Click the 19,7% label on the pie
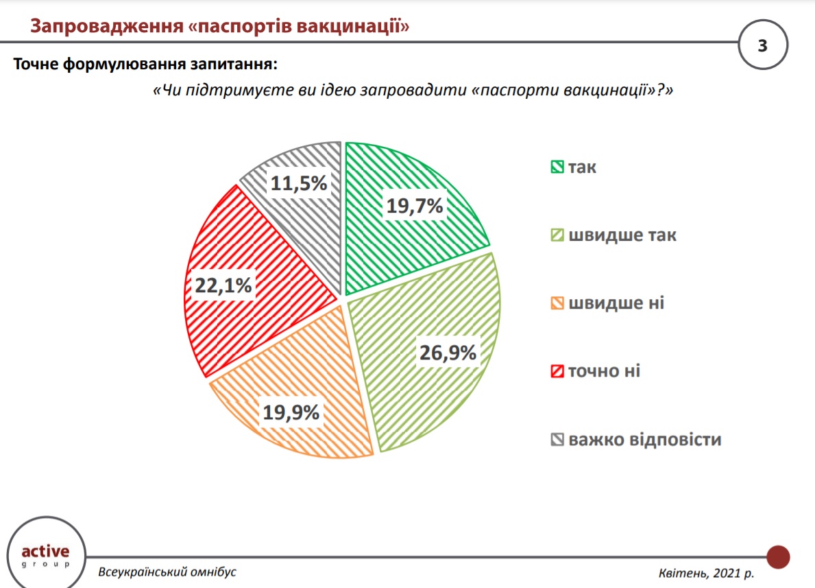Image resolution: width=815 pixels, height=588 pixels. (415, 205)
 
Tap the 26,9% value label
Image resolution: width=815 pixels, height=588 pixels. (447, 353)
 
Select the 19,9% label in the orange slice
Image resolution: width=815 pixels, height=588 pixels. (291, 412)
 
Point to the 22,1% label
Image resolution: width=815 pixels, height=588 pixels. (223, 285)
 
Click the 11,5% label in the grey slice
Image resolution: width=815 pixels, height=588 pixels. (298, 183)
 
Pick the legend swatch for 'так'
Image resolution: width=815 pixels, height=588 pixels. (557, 167)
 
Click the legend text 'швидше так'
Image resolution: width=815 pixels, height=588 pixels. (622, 235)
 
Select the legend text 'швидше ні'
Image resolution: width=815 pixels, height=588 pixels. (616, 303)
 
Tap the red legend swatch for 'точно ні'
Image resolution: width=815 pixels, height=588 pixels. (557, 371)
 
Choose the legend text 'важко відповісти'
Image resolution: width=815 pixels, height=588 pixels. (644, 439)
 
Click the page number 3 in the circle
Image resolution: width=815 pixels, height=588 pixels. (763, 47)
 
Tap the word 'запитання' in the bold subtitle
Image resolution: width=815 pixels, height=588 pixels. (236, 65)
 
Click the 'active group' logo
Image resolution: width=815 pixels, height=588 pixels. (45, 554)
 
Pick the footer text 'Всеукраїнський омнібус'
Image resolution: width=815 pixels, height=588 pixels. (167, 572)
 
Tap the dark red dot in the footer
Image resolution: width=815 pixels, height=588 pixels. (778, 556)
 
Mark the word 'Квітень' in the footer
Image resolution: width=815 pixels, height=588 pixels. (681, 572)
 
